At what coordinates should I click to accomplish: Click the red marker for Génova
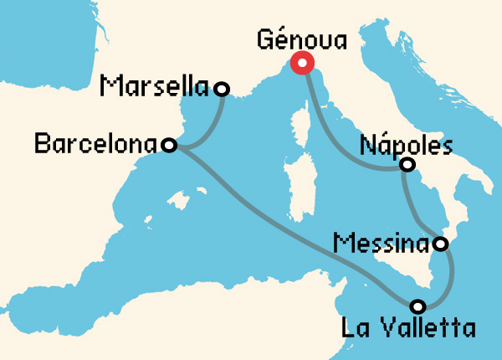301,63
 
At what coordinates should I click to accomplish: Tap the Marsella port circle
222,88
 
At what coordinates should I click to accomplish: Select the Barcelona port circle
168,146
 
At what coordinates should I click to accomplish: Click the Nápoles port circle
407,164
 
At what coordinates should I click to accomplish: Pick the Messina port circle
441,244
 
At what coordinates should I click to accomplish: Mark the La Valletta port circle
417,305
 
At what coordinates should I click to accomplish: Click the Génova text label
301,39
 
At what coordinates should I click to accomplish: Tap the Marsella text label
155,85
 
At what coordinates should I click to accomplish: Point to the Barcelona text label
95,143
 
